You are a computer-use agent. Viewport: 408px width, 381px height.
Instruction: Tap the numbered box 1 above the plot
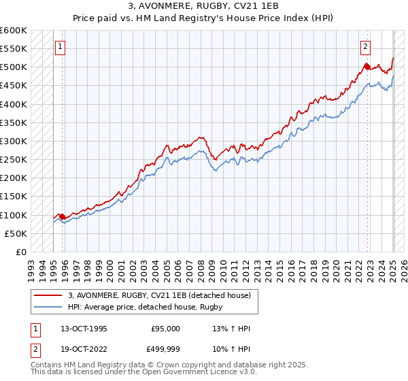pyautogui.click(x=61, y=47)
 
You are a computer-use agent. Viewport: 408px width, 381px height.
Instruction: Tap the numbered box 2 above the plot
pyautogui.click(x=365, y=47)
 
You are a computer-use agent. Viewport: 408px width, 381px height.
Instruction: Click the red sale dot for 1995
pyautogui.click(x=62, y=216)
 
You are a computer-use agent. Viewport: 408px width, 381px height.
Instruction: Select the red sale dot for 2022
pyautogui.click(x=367, y=67)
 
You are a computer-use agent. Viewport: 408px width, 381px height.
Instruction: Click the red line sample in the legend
pyautogui.click(x=48, y=295)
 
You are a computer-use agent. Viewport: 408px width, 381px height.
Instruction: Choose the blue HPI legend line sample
pyautogui.click(x=48, y=308)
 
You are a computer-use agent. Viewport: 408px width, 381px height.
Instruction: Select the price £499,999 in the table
pyautogui.click(x=165, y=350)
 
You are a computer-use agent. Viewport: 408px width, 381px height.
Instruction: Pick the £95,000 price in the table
pyautogui.click(x=165, y=329)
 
